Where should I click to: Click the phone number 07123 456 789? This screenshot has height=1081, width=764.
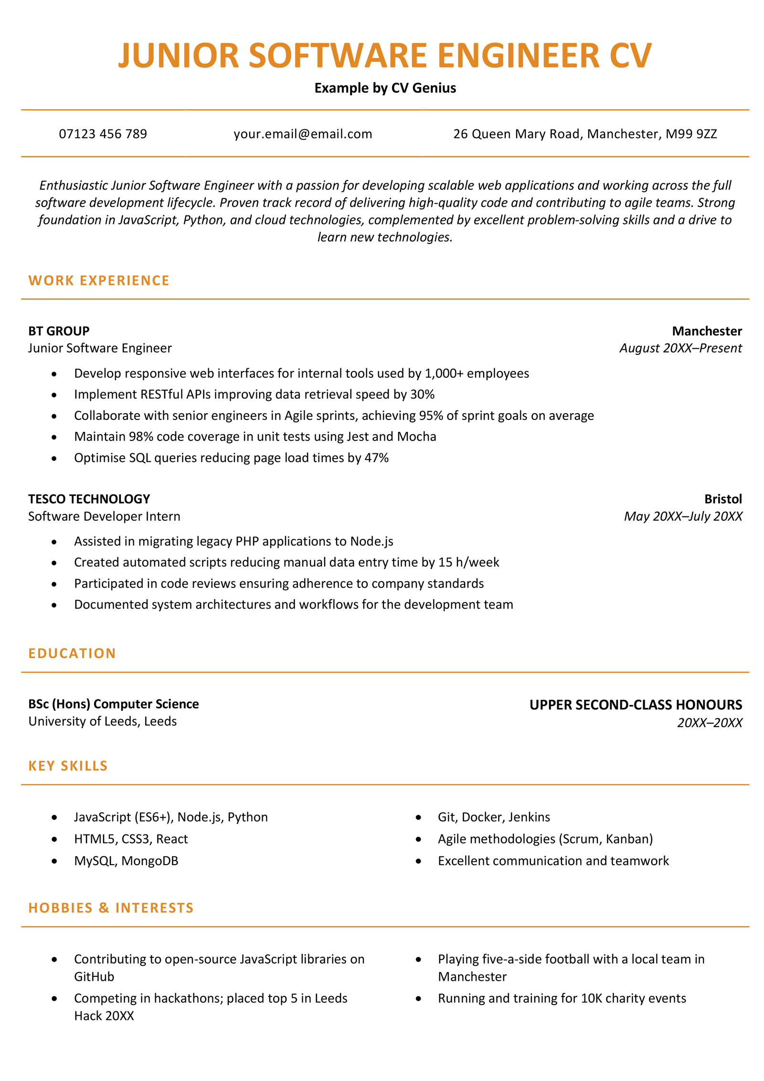(x=103, y=134)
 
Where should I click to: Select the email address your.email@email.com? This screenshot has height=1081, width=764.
(x=302, y=134)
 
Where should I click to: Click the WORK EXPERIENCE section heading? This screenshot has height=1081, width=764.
(x=99, y=280)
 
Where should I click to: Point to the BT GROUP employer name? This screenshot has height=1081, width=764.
(x=59, y=331)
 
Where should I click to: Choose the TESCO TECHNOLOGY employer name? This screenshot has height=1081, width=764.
(x=89, y=499)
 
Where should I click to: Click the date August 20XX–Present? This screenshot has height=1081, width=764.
(x=680, y=348)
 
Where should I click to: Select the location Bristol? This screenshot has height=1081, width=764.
(x=722, y=499)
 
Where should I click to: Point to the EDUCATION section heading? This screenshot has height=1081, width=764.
(x=72, y=653)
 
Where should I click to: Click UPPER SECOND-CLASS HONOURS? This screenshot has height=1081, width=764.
(x=635, y=705)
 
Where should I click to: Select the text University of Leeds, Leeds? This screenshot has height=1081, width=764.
(x=102, y=721)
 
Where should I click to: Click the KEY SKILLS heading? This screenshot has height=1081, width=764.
(x=68, y=766)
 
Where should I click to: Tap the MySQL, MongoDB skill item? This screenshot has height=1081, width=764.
(x=126, y=861)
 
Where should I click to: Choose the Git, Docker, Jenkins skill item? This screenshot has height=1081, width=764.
(x=494, y=817)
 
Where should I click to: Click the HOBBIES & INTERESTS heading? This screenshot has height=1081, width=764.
(x=111, y=908)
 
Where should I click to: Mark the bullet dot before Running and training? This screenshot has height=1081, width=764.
(x=418, y=998)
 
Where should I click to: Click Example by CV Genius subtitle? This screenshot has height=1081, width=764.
(x=385, y=88)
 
